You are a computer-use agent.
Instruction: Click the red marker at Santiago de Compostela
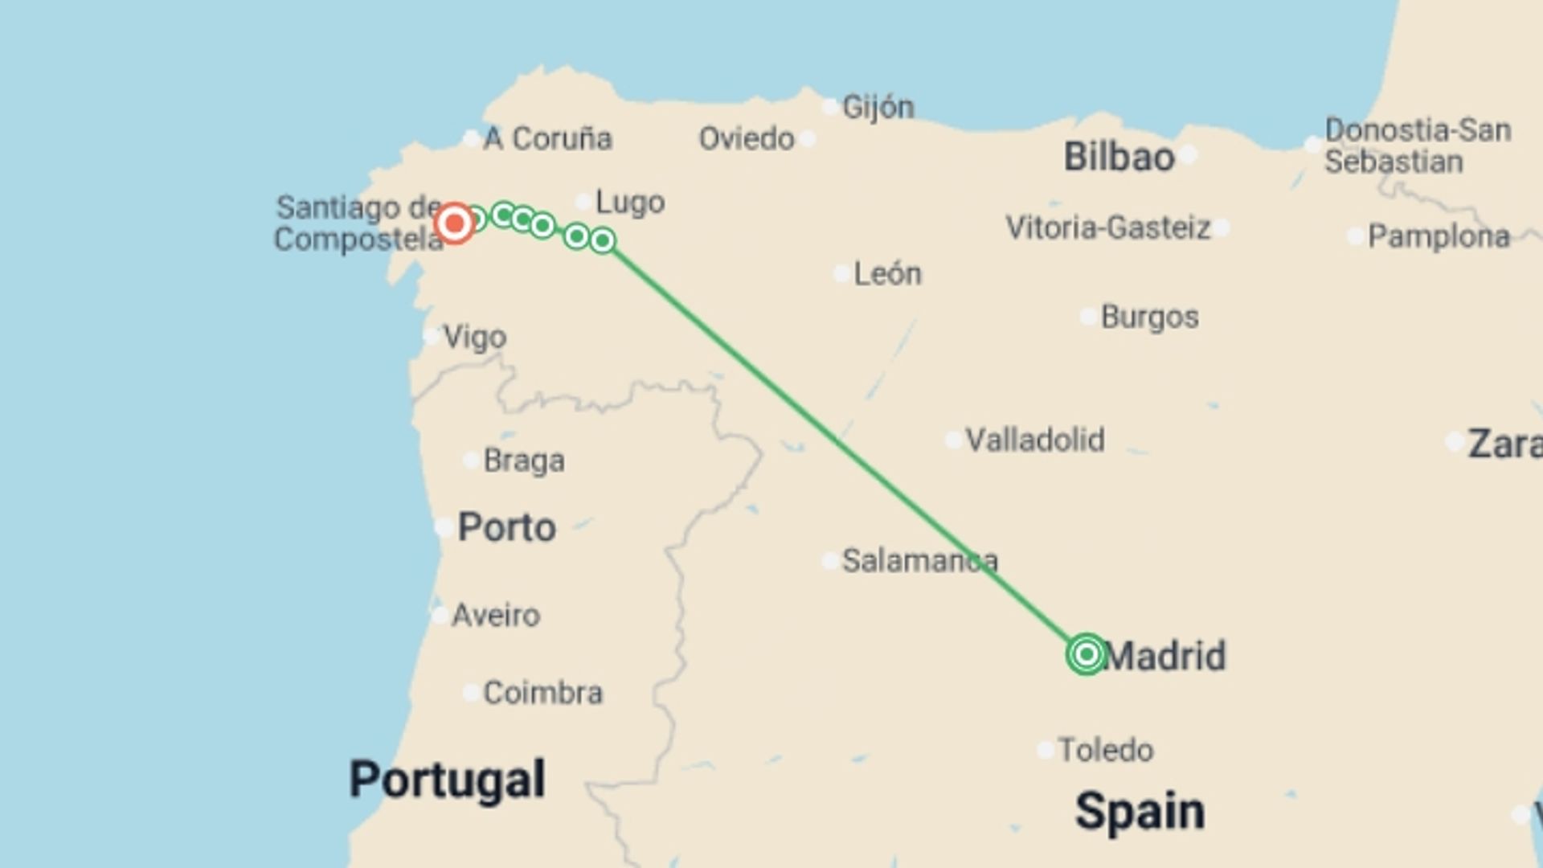tap(455, 223)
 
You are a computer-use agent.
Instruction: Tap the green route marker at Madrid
tap(1086, 654)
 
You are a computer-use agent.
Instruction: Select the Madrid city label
tap(1166, 656)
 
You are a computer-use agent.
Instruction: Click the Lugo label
tap(630, 203)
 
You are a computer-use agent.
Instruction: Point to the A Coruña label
tap(548, 139)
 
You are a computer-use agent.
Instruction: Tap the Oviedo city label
tap(747, 139)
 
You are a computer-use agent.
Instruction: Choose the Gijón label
tap(878, 107)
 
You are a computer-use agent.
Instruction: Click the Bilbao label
tap(1119, 157)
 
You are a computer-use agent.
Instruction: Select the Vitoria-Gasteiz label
tap(1107, 228)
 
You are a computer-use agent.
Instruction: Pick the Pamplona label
tap(1439, 237)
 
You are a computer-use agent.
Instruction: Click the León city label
tap(887, 274)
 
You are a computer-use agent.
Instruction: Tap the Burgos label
tap(1149, 317)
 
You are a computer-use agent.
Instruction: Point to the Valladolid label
tap(1034, 440)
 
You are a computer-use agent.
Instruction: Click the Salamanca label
tap(919, 561)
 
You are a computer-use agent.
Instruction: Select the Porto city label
tap(506, 528)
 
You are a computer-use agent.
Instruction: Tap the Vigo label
tap(474, 338)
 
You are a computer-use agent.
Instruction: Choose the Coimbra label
tap(542, 693)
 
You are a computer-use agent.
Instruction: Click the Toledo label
tap(1105, 750)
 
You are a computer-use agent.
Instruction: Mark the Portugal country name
tap(447, 779)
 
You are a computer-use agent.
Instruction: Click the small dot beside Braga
tap(472, 461)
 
